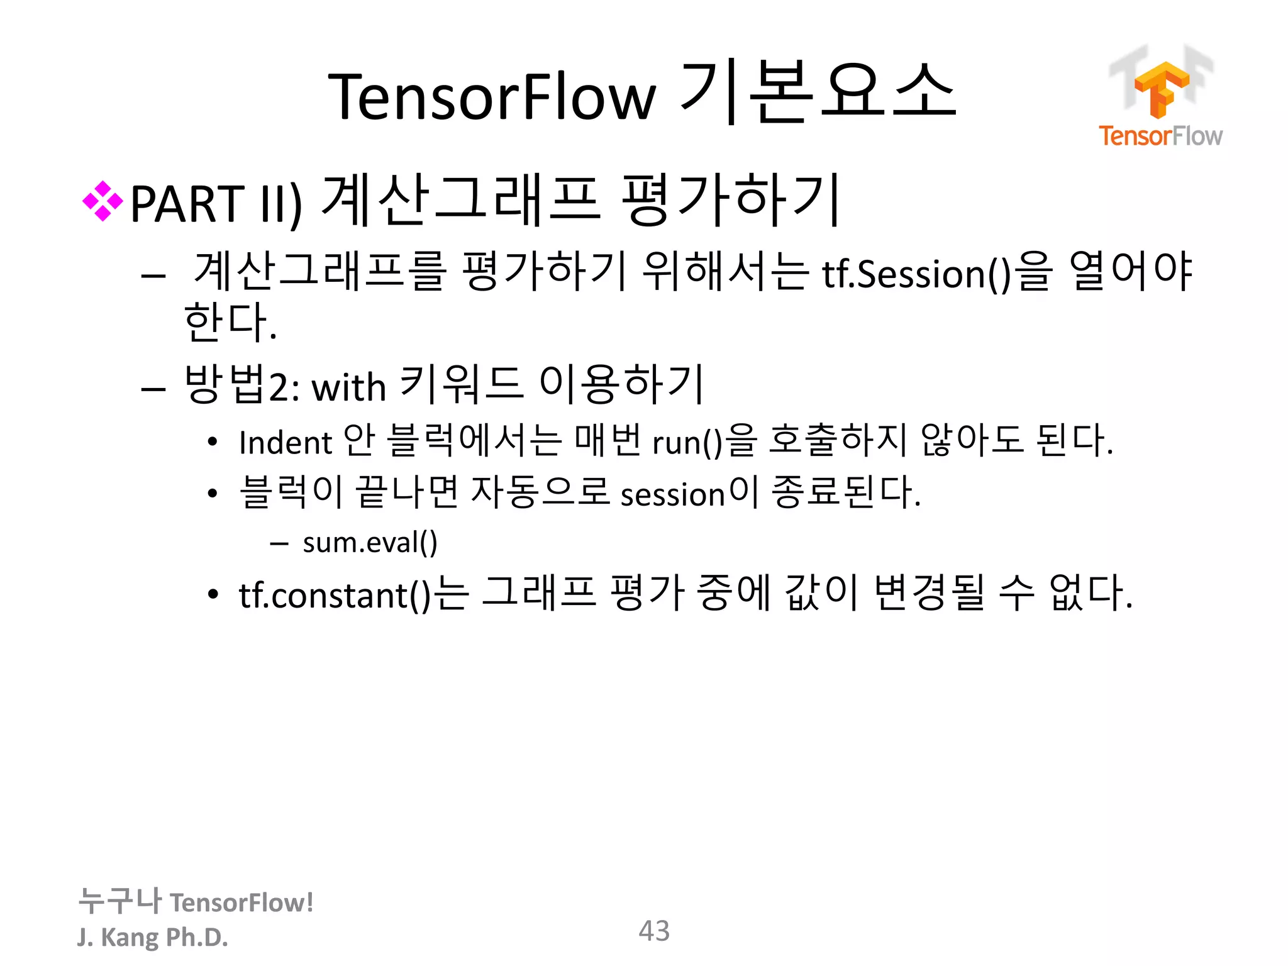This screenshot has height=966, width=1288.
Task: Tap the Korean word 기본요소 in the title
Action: pos(818,93)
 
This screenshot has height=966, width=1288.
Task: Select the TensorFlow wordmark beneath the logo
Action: pos(1160,136)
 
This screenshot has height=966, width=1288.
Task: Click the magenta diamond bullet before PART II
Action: pos(103,202)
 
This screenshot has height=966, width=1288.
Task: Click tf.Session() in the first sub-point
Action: pos(916,275)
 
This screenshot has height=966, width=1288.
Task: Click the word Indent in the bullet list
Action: pos(285,442)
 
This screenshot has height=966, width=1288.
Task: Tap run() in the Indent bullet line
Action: pos(687,442)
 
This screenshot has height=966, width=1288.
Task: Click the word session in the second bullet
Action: pos(673,494)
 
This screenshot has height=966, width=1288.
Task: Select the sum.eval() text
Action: pos(370,542)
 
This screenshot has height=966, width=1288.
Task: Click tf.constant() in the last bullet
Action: pos(335,595)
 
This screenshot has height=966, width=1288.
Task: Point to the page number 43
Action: pos(654,931)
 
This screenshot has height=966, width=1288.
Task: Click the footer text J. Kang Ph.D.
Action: pos(152,937)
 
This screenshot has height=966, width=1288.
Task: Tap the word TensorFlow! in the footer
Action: pos(241,902)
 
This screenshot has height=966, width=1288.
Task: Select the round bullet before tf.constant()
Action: pos(213,594)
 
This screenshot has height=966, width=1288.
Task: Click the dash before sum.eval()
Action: pos(279,543)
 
